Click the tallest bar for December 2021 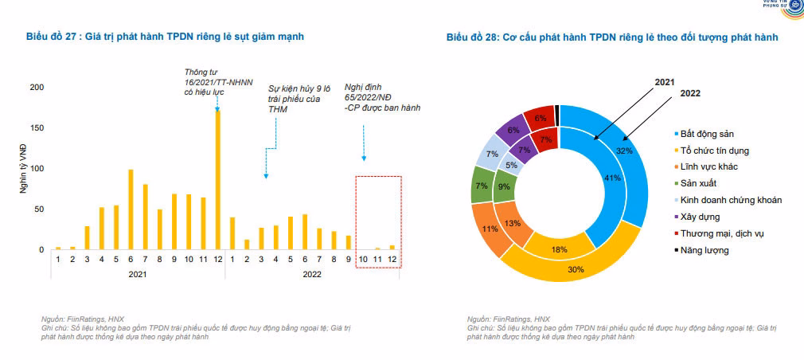(x=217, y=180)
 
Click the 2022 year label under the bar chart (x=313, y=273)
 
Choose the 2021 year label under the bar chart (x=137, y=273)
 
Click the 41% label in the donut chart (x=612, y=178)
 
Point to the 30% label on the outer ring (x=576, y=269)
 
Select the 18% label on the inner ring (x=560, y=250)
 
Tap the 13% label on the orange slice (x=513, y=224)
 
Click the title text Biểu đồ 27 (x=165, y=37)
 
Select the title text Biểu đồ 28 (x=611, y=37)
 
